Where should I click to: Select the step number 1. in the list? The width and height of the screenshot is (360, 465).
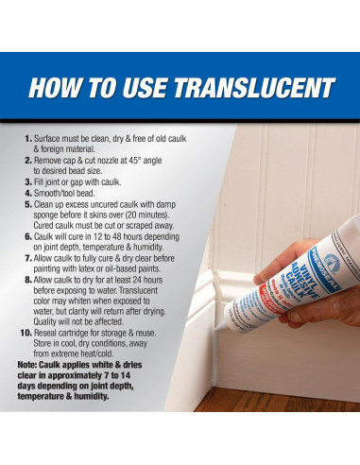click(27, 138)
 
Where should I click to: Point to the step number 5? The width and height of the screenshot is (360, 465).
click(27, 202)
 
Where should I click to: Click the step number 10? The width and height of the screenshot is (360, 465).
click(26, 334)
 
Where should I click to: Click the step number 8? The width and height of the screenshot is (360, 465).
click(27, 280)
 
